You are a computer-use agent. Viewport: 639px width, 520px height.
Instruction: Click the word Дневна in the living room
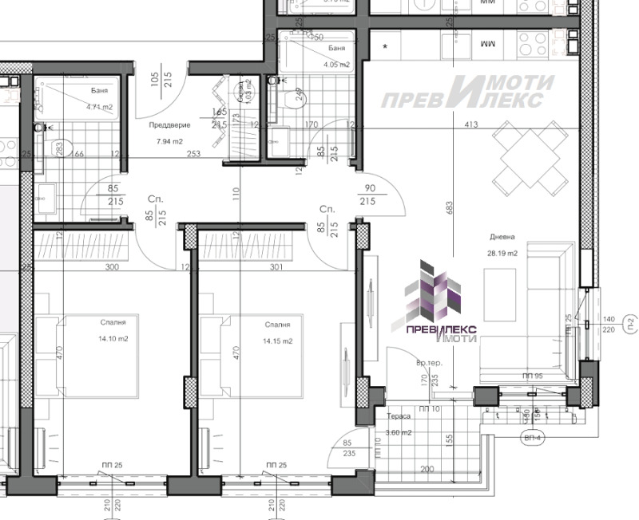point(503,237)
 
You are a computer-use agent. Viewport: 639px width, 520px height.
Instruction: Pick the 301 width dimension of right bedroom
point(276,267)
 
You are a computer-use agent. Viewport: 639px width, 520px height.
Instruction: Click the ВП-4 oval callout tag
point(530,438)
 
